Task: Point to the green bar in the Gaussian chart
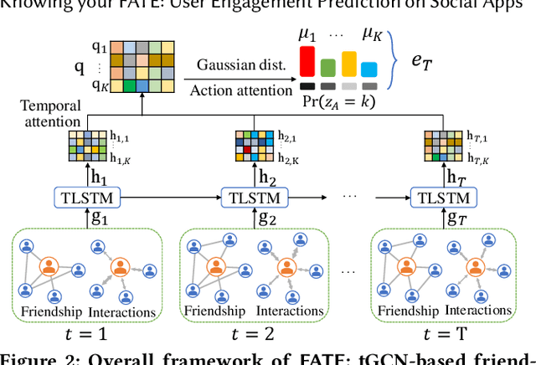[x=330, y=69]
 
